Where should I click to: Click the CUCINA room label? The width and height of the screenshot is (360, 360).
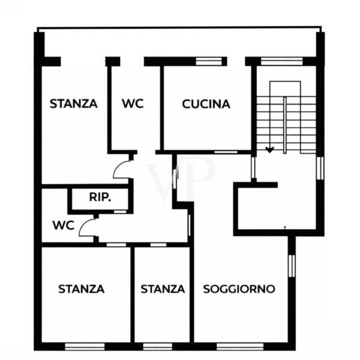pyautogui.click(x=206, y=104)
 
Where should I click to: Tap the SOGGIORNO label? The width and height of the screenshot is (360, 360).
pyautogui.click(x=239, y=289)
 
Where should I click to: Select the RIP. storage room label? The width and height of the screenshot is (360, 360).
pyautogui.click(x=100, y=197)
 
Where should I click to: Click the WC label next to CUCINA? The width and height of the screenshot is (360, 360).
pyautogui.click(x=133, y=103)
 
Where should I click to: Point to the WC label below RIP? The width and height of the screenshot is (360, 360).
pyautogui.click(x=64, y=226)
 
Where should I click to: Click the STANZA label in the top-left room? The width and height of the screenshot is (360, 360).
pyautogui.click(x=74, y=104)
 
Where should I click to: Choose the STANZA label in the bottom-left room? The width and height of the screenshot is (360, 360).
pyautogui.click(x=82, y=289)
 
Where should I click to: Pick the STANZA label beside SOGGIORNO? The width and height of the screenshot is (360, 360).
pyautogui.click(x=163, y=289)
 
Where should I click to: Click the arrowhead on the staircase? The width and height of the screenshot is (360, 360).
pyautogui.click(x=270, y=149)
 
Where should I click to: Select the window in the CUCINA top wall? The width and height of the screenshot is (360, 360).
pyautogui.click(x=209, y=61)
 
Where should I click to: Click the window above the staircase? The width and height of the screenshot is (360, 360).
pyautogui.click(x=282, y=61)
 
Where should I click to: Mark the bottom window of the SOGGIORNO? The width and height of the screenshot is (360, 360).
pyautogui.click(x=240, y=346)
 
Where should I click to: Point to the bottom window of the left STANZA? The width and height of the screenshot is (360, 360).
pyautogui.click(x=85, y=346)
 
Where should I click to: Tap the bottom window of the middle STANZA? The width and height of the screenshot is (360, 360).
pyautogui.click(x=157, y=346)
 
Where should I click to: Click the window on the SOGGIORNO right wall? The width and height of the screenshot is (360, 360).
pyautogui.click(x=292, y=266)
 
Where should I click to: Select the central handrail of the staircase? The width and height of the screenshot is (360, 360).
pyautogui.click(x=284, y=125)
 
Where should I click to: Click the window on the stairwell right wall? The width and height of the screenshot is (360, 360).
pyautogui.click(x=320, y=168)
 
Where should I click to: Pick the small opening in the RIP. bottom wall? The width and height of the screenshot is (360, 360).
pyautogui.click(x=121, y=211)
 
